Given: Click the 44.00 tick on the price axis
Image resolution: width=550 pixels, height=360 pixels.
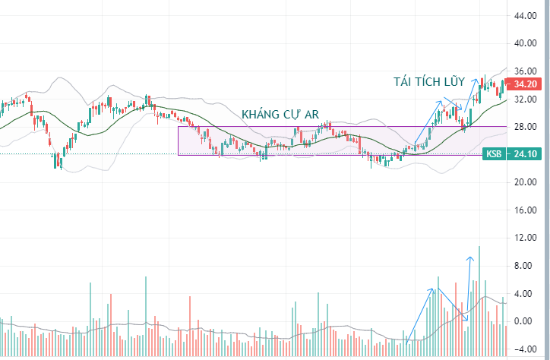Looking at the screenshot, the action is point(525,16).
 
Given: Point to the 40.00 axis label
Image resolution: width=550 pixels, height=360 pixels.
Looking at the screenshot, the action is point(525,43).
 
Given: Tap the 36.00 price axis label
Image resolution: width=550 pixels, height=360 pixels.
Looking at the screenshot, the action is point(525,71).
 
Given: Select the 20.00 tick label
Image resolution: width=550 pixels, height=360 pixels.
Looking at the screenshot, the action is point(525,182).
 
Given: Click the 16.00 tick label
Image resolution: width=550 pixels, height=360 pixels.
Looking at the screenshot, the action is point(525,210).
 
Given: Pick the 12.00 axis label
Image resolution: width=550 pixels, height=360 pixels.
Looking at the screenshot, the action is point(525,238).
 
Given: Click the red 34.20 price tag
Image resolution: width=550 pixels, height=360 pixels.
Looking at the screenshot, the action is point(526,84).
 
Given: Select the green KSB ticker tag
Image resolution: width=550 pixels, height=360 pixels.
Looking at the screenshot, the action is point(495,154).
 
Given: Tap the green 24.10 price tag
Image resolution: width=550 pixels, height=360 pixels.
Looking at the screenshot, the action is point(524,154).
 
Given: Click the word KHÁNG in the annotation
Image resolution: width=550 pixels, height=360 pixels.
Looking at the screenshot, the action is point(261,114).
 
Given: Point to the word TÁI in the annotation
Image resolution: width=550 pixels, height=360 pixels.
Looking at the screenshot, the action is point(403,82).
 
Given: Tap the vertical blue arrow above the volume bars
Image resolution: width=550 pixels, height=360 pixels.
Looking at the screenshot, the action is point(469,285).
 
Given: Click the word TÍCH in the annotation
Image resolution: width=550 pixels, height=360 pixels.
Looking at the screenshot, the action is point(427,82).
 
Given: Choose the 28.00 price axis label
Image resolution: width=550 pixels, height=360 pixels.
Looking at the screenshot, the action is point(525,127).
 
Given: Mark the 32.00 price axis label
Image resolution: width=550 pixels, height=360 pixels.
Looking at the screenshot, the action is point(525,99).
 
